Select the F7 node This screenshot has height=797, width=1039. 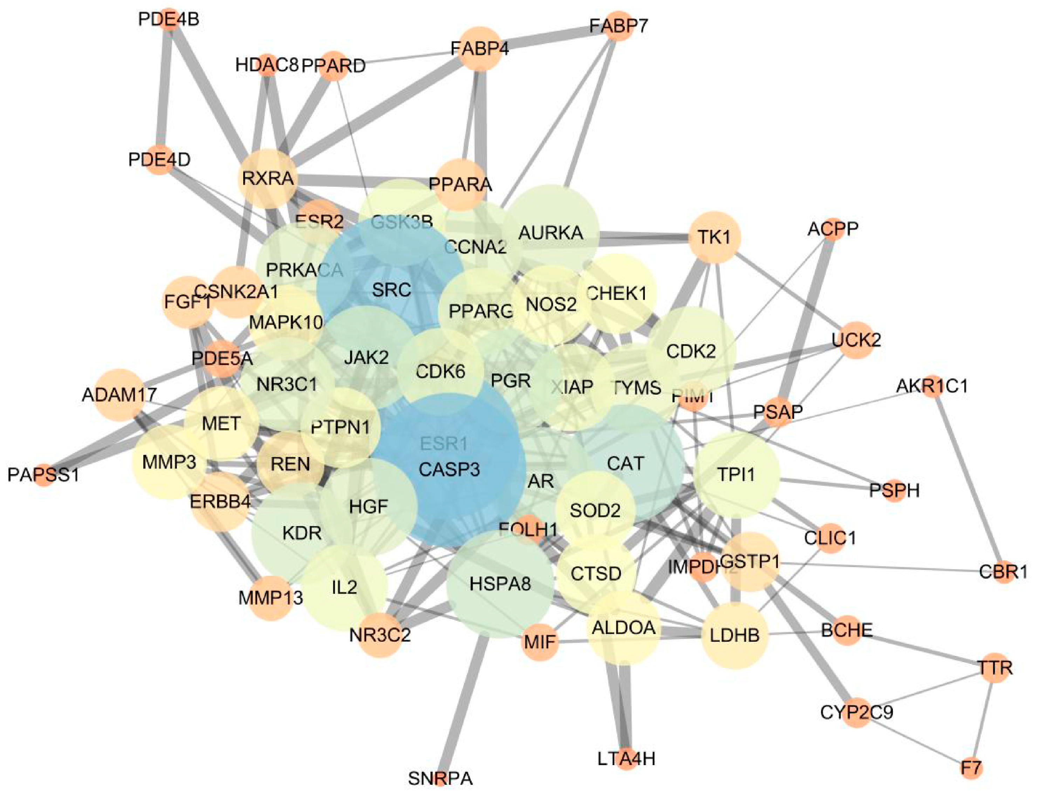coord(971,767)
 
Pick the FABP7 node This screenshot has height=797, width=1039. coord(618,26)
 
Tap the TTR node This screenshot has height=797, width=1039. coord(995,668)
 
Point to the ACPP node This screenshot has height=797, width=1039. coord(833,229)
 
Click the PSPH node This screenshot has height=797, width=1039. coord(894,490)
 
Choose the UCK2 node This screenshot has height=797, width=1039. coord(856,340)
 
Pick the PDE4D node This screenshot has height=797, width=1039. coord(159,159)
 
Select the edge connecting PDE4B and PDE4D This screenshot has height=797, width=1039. coord(164,90)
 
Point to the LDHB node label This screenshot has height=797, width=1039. coord(734,635)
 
